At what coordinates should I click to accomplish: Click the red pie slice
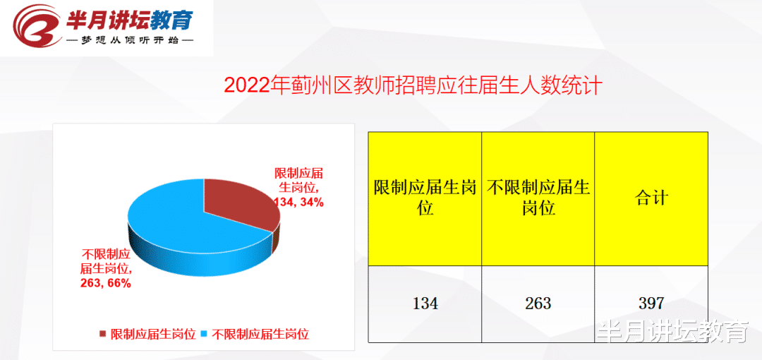pyautogui.click(x=236, y=205)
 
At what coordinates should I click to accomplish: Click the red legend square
pyautogui.click(x=103, y=334)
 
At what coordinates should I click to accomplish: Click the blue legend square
pyautogui.click(x=205, y=334)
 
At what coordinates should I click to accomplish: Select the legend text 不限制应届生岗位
pyautogui.click(x=260, y=334)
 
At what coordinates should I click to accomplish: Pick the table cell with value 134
pyautogui.click(x=425, y=304)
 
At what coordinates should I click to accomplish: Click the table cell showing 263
pyautogui.click(x=538, y=304)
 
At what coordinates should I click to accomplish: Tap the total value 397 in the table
pyautogui.click(x=651, y=304)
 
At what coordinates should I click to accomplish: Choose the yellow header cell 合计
pyautogui.click(x=651, y=198)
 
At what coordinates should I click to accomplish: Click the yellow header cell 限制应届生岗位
pyautogui.click(x=425, y=198)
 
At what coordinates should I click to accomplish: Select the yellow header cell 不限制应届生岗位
pyautogui.click(x=538, y=198)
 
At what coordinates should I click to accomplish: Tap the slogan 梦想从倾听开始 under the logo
pyautogui.click(x=130, y=41)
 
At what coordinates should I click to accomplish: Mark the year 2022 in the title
pyautogui.click(x=248, y=85)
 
